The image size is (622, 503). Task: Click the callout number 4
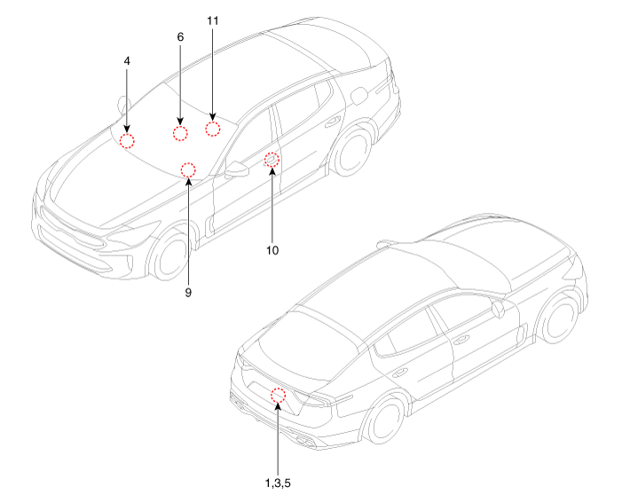click(127, 61)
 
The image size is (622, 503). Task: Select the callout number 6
click(180, 37)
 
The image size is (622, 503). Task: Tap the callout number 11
click(213, 20)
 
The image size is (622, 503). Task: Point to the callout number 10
click(272, 251)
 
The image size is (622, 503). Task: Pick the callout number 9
click(188, 293)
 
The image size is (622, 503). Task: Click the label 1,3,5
click(278, 483)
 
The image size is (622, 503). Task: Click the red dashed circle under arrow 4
click(127, 141)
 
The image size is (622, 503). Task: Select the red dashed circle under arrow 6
click(180, 133)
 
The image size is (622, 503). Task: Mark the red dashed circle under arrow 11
click(213, 129)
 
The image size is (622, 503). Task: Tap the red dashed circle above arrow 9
click(188, 169)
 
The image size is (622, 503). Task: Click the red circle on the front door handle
click(272, 160)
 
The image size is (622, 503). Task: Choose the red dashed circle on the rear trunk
click(278, 395)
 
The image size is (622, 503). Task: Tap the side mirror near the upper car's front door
click(237, 169)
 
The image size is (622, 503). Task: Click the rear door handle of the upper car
click(333, 122)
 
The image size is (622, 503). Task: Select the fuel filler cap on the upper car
click(359, 96)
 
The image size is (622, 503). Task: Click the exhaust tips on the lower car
click(303, 439)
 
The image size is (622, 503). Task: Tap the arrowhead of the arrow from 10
click(272, 171)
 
